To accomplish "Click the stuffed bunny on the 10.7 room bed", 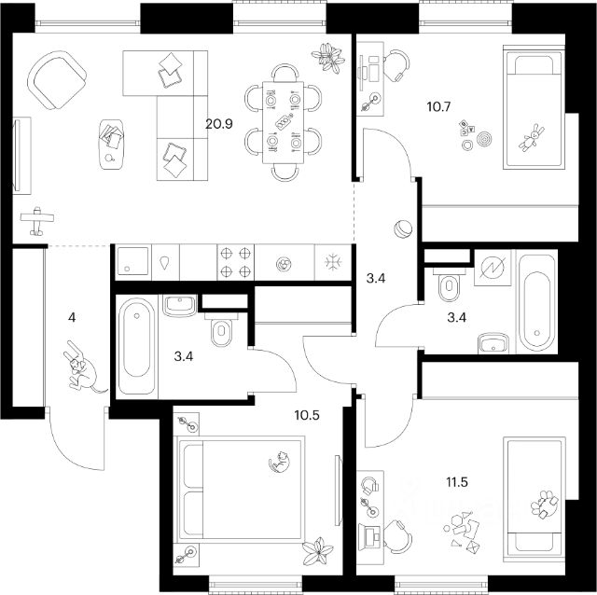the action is [534, 139].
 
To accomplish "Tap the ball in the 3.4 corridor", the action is [404, 228].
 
